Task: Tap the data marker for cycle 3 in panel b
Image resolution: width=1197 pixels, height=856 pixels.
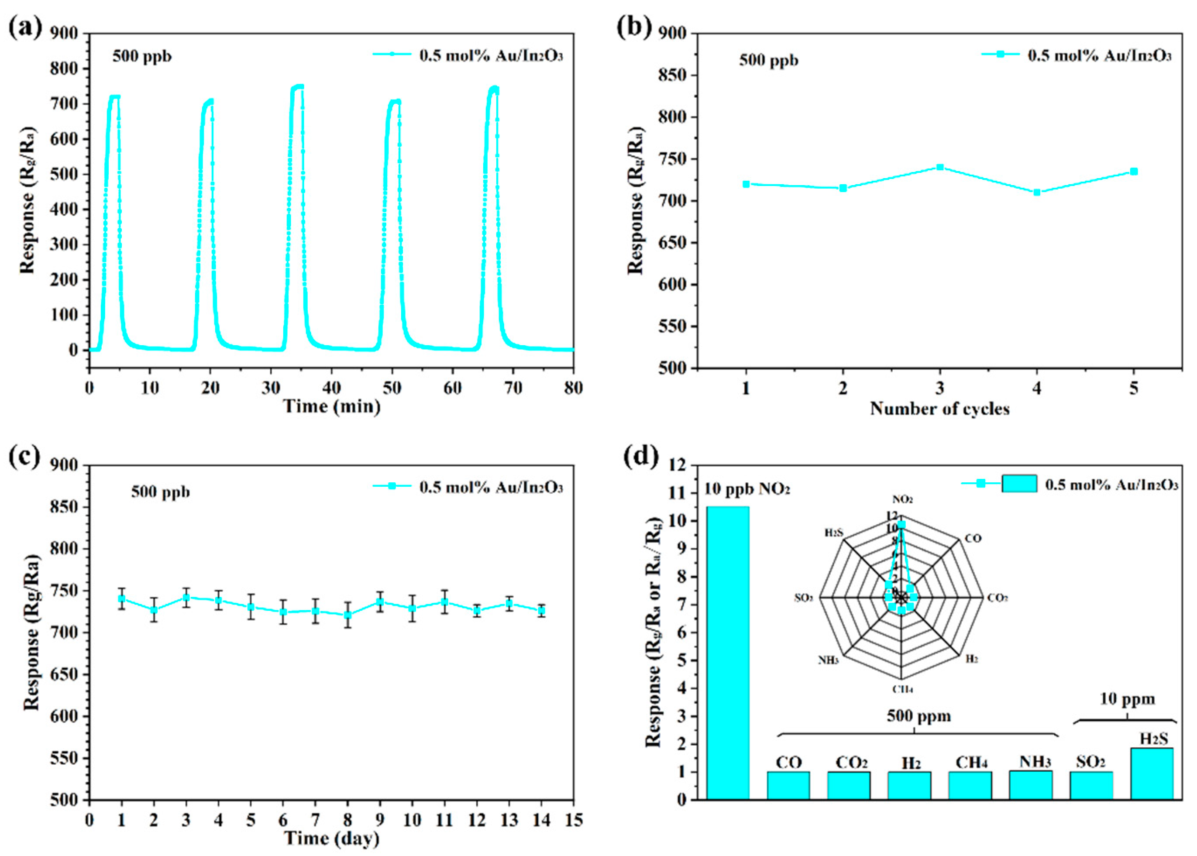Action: coord(940,168)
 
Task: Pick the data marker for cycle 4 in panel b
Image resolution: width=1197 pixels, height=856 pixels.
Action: coord(1037,193)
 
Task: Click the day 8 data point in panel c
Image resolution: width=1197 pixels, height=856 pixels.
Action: coord(347,615)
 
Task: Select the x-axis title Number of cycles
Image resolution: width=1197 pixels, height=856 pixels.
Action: coord(939,409)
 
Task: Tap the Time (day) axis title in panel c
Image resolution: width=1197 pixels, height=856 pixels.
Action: coord(331,838)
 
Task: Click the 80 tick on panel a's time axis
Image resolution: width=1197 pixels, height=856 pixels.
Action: coord(573,388)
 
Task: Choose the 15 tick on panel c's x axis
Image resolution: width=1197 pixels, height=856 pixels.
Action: coord(574,820)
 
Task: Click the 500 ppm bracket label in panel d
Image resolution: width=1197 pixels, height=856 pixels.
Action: coord(918,716)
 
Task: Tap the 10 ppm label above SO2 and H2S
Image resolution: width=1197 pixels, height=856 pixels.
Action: coord(1126,699)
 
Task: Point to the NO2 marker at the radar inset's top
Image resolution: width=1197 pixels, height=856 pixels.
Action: coord(901,525)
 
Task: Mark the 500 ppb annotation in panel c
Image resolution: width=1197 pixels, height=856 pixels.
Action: coord(160,492)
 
